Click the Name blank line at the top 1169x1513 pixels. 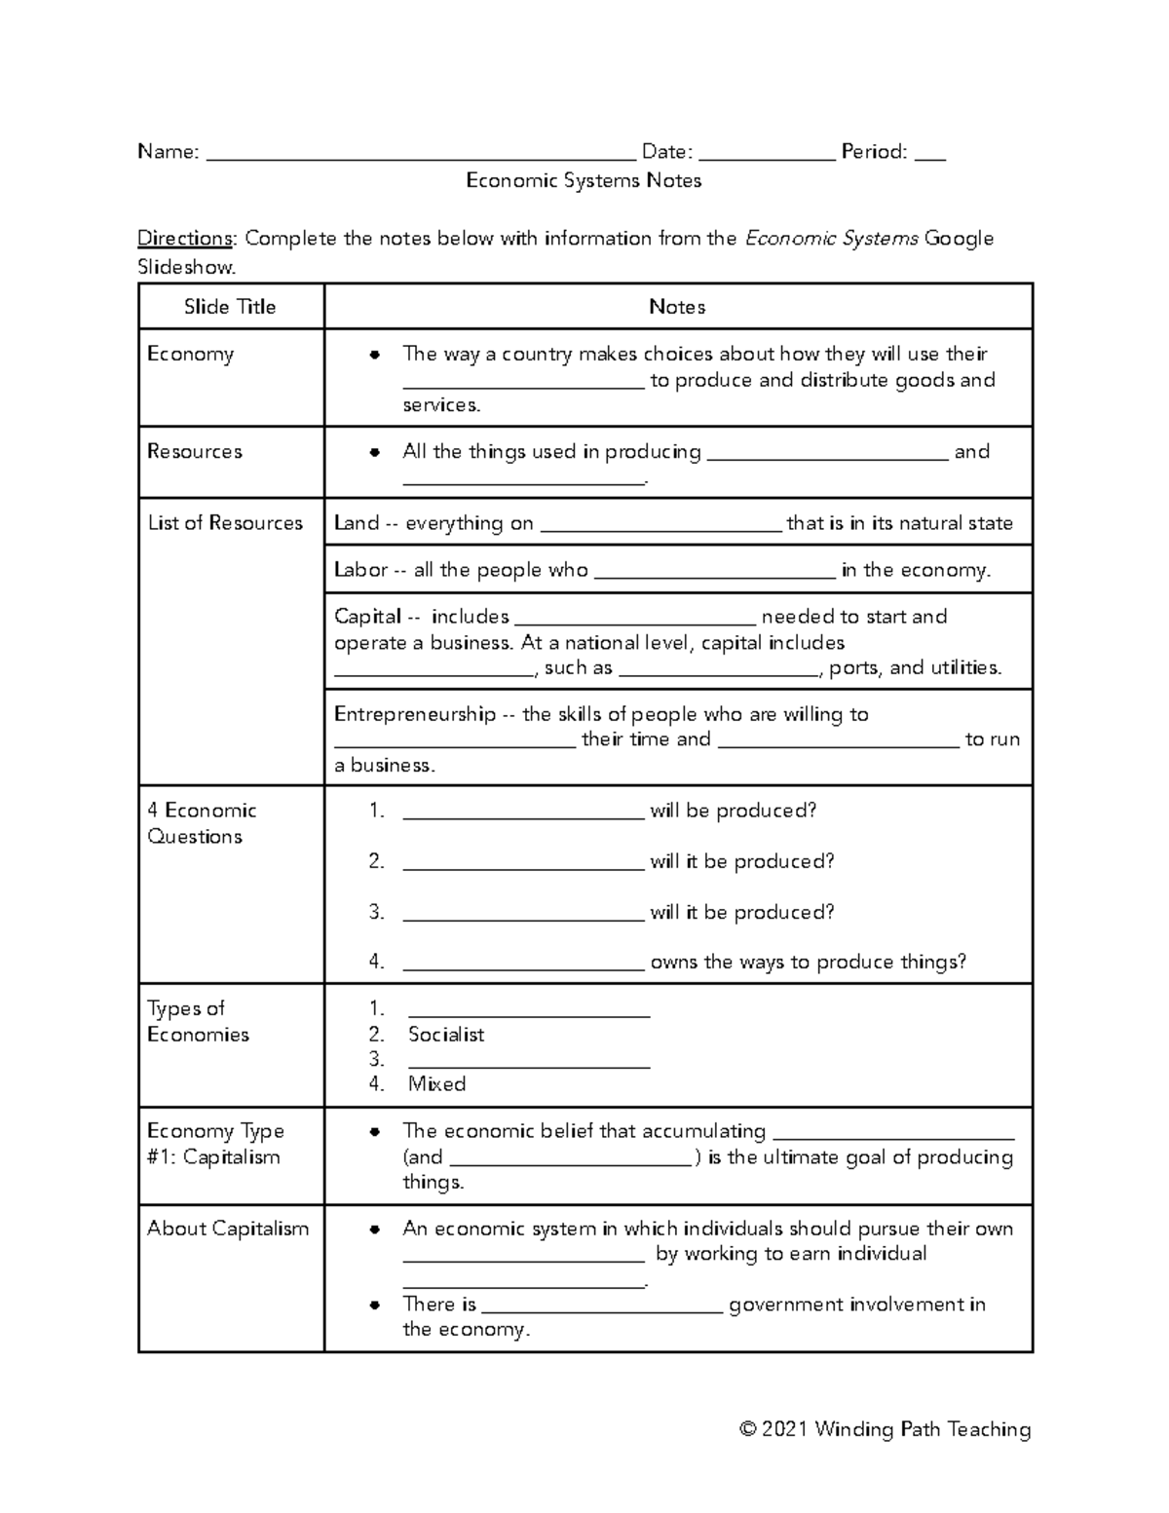point(421,154)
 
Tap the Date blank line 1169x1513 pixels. point(767,154)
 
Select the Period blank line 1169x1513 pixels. point(930,154)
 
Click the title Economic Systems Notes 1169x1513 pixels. point(584,181)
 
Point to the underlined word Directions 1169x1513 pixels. point(185,239)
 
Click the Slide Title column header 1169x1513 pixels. point(230,307)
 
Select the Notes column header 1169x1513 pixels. point(677,307)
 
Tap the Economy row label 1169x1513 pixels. point(190,354)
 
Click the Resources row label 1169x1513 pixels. point(195,451)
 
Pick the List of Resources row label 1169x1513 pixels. point(225,523)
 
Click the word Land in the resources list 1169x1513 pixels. point(356,523)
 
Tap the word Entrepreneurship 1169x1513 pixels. point(415,714)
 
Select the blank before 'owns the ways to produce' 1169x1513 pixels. point(523,965)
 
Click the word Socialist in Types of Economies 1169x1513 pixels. point(446,1035)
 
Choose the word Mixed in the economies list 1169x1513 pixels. point(436,1084)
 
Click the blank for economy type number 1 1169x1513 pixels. point(529,1011)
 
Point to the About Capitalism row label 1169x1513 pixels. point(228,1229)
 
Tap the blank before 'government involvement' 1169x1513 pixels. point(602,1307)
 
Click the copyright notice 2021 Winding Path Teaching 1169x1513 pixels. point(885,1429)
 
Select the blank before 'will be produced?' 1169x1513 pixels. point(523,813)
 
